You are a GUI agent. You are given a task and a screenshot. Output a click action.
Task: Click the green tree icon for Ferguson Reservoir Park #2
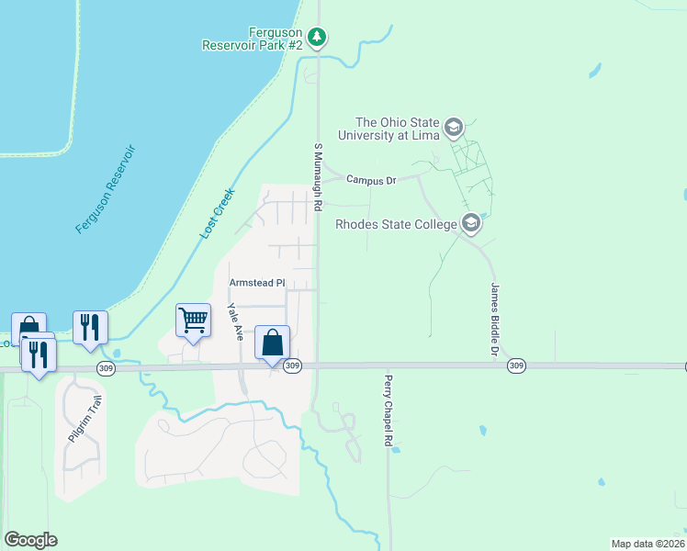point(317,37)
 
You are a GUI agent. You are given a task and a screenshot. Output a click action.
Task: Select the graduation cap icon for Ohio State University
point(453,126)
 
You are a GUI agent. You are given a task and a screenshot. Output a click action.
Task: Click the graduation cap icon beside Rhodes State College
point(471,223)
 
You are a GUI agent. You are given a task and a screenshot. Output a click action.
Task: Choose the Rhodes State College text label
point(396,224)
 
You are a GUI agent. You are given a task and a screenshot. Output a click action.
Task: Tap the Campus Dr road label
point(371,180)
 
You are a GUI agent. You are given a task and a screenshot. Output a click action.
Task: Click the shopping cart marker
point(193,321)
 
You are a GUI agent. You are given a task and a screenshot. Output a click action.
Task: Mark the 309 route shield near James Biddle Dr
point(516,365)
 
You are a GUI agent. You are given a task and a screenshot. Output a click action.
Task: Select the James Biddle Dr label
point(493,320)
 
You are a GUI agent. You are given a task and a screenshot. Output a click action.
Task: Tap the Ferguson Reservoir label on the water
point(106,188)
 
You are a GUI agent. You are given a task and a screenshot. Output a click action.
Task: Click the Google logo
point(30,540)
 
